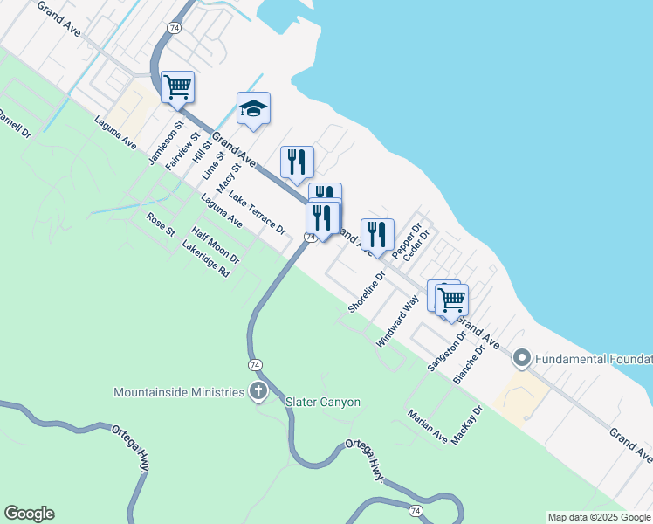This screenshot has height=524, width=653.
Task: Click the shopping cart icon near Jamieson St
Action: (x=177, y=86)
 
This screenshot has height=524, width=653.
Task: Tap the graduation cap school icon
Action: (x=253, y=108)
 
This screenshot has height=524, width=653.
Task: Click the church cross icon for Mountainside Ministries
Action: (x=258, y=391)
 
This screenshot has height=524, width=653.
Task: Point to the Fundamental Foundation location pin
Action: (x=522, y=358)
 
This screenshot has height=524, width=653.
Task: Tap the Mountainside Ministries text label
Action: (x=179, y=391)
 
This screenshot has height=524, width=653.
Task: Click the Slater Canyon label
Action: (x=323, y=402)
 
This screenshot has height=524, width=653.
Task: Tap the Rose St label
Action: (x=161, y=224)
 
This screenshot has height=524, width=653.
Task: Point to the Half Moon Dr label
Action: (x=216, y=245)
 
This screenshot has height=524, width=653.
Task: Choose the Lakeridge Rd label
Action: (x=205, y=260)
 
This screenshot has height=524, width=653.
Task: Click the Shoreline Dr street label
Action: (x=366, y=293)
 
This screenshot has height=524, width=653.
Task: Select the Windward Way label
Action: (x=397, y=321)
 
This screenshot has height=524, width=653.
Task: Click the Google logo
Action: (x=29, y=514)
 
